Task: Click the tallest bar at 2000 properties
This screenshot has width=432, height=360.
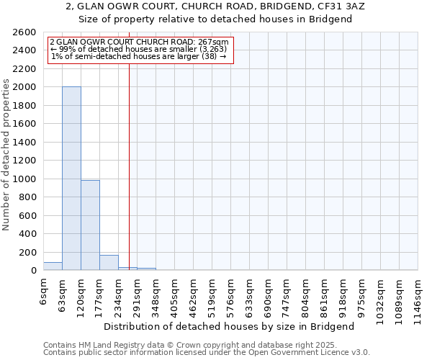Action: (71, 179)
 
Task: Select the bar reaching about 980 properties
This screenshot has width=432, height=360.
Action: (90, 225)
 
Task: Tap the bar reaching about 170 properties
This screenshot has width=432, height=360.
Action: (109, 263)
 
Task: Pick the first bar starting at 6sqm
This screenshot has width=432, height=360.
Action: (53, 266)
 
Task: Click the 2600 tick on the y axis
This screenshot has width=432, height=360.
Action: (24, 32)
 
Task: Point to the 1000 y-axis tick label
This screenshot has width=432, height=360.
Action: (24, 179)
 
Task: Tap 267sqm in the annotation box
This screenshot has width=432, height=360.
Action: (215, 42)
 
